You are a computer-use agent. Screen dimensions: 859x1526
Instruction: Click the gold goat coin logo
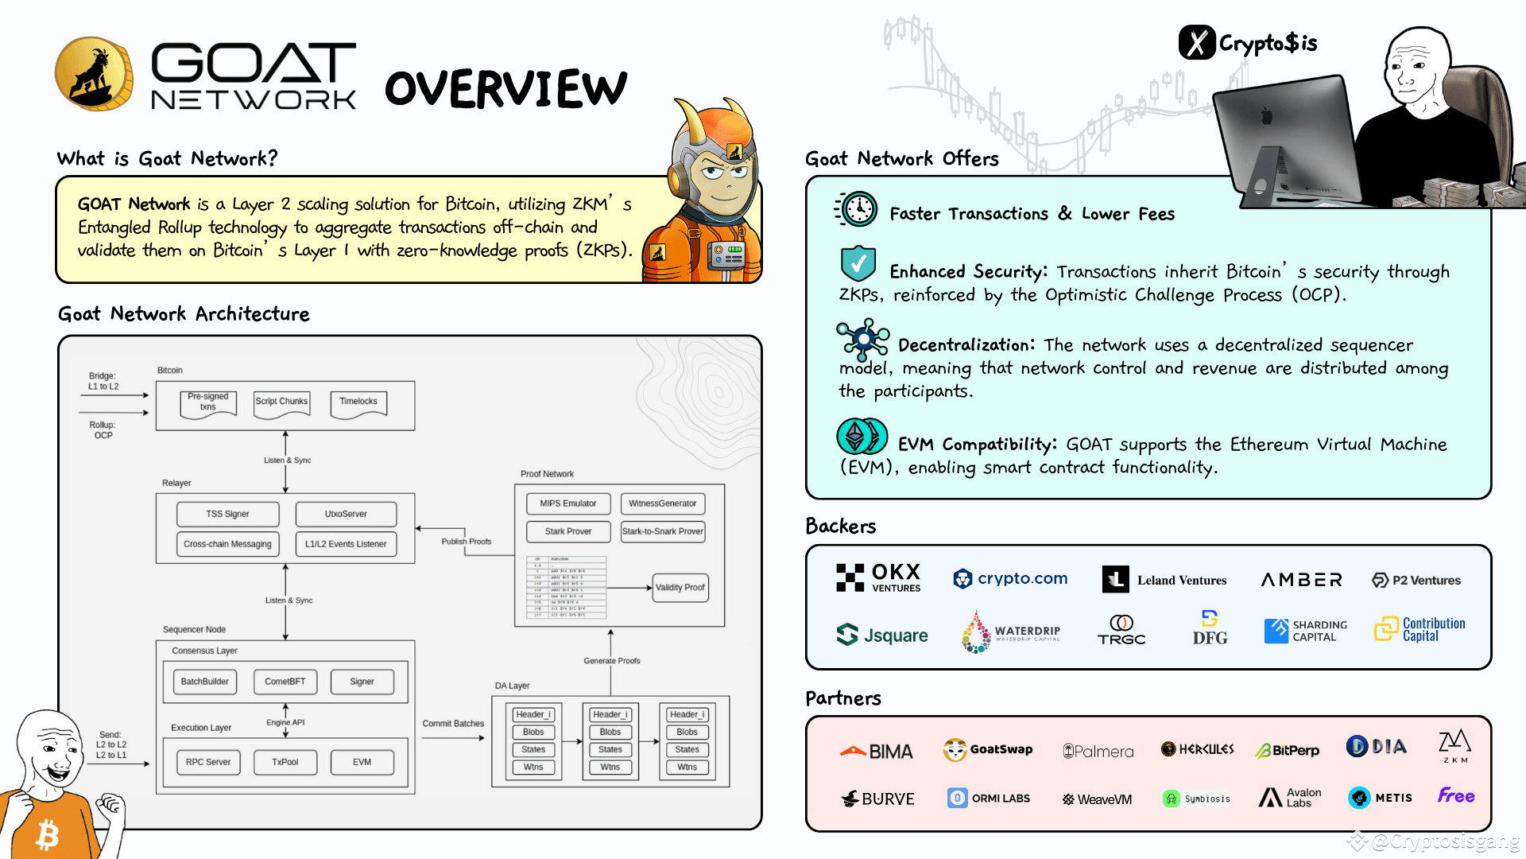coord(94,74)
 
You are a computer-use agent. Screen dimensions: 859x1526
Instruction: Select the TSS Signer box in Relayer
coord(227,514)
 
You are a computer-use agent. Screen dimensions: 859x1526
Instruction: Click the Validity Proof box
coord(680,588)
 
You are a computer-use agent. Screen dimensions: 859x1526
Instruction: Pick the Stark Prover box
coord(568,531)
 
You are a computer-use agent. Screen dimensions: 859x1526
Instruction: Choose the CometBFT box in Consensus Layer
coord(285,682)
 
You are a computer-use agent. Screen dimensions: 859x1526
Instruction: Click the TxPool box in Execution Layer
coord(285,762)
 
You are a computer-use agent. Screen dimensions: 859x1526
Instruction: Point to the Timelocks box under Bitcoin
coord(358,402)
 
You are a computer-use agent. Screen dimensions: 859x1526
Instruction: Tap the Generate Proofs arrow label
coord(611,661)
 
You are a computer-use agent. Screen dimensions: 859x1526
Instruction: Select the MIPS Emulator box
coord(567,503)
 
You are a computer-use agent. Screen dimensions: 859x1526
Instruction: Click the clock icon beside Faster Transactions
coord(858,210)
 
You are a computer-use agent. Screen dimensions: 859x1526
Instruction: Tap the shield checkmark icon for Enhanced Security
coord(858,263)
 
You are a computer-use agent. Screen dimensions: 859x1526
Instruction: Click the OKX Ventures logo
coord(878,578)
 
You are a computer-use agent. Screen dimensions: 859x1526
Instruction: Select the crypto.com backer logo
coord(1010,579)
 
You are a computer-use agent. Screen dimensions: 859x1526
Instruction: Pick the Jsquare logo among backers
coord(882,635)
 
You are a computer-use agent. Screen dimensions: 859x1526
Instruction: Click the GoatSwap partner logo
coord(988,749)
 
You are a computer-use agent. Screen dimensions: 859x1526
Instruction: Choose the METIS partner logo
coord(1380,797)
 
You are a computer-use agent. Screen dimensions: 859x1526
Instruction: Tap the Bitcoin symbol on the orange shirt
coord(48,835)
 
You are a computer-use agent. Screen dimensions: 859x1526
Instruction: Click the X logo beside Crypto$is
coord(1197,43)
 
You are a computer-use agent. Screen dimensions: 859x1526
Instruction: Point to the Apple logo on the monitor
coord(1267,117)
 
